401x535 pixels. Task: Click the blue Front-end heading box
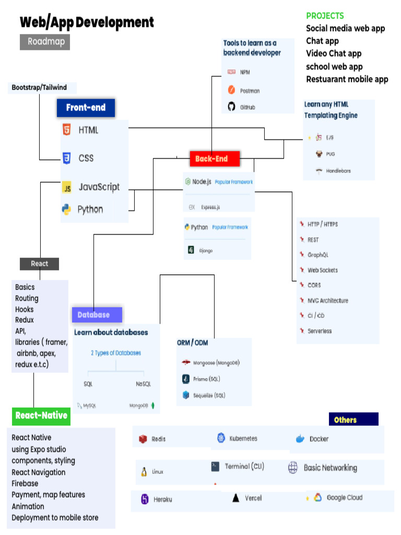click(86, 108)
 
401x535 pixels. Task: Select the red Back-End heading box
click(215, 158)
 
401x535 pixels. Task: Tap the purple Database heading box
click(97, 315)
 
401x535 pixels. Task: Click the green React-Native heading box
click(41, 415)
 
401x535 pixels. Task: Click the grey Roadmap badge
click(45, 41)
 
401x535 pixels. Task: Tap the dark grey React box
click(39, 264)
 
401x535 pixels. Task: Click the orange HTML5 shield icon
click(66, 130)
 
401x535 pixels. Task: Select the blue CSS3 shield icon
click(66, 158)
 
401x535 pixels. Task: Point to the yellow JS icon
click(66, 188)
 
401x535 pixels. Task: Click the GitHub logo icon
click(232, 107)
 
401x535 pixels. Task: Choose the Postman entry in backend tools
click(250, 91)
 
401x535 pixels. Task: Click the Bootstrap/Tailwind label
click(39, 87)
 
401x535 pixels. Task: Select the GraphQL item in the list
click(318, 255)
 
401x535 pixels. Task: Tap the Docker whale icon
click(300, 439)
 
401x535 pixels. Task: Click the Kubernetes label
click(243, 438)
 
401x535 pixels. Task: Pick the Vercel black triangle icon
click(236, 498)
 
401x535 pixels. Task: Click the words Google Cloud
click(344, 497)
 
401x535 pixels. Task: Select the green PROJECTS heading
click(325, 16)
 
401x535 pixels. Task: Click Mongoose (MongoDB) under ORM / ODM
click(216, 363)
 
